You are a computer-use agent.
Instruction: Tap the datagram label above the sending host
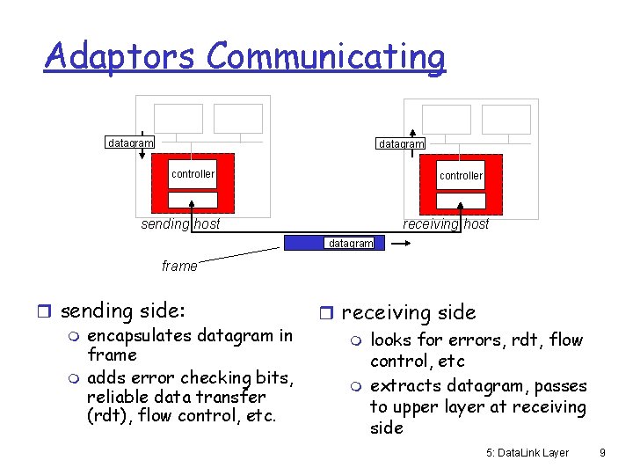tap(129, 142)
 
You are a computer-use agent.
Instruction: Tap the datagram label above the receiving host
tap(401, 143)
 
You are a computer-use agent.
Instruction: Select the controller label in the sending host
tap(193, 174)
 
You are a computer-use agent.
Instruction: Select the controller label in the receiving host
tap(461, 176)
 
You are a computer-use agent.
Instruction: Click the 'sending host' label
tap(180, 224)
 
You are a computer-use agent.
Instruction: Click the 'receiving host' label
tap(446, 224)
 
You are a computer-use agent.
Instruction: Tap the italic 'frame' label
tap(179, 266)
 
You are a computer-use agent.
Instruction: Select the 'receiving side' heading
tap(408, 312)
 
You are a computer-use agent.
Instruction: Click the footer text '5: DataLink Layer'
tap(527, 452)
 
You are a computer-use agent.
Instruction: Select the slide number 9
tap(602, 452)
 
